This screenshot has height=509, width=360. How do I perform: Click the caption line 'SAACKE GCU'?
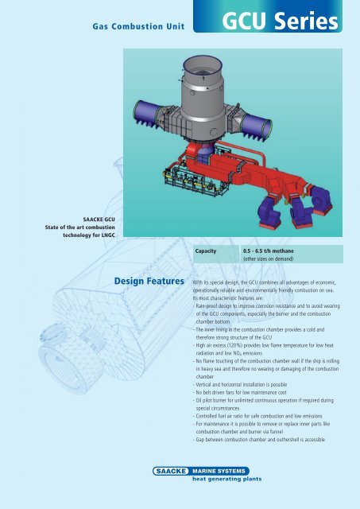click(x=101, y=217)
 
